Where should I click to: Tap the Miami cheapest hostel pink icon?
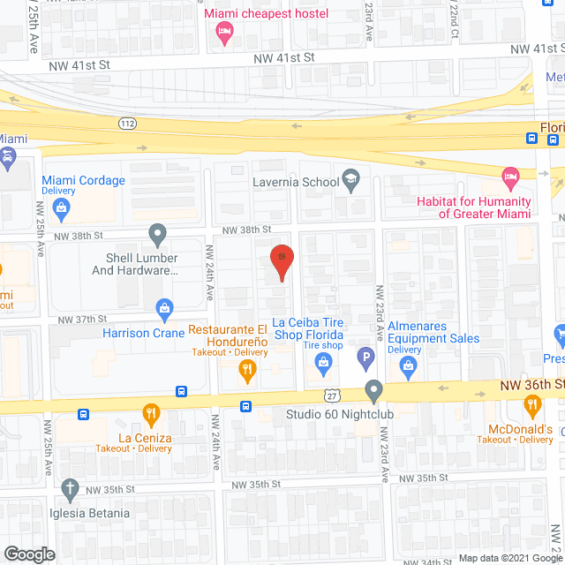point(225,34)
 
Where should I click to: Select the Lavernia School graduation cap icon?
point(350,181)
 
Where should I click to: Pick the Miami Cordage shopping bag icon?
point(61,208)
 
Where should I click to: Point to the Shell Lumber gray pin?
point(158,235)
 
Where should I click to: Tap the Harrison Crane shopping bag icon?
point(163,308)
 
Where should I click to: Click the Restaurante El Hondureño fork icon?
point(249,371)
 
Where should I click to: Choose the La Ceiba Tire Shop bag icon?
point(323,361)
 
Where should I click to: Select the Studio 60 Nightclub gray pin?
point(373,389)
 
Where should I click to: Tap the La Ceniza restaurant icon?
point(152,412)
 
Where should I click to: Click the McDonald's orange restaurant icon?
point(531,406)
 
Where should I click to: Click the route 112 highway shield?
point(128,123)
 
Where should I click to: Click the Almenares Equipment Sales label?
point(433,332)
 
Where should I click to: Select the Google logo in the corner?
point(29,554)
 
